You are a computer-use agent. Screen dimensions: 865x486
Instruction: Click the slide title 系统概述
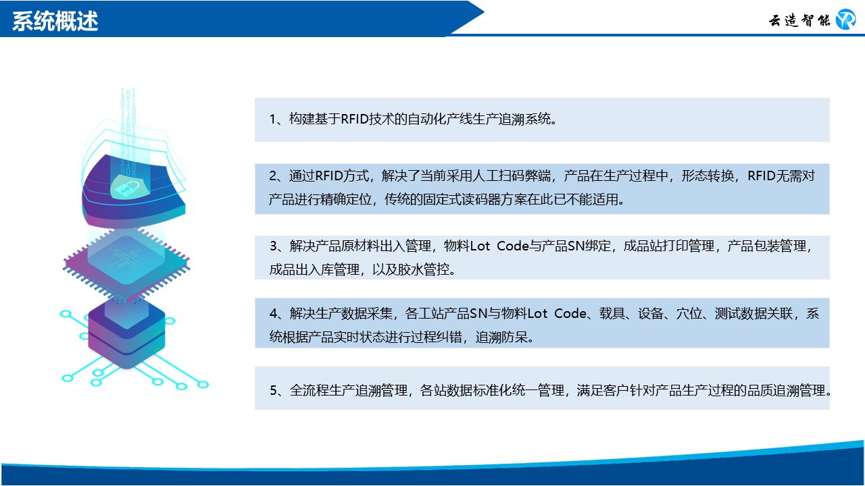click(x=55, y=21)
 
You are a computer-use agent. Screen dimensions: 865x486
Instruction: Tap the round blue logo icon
click(x=845, y=20)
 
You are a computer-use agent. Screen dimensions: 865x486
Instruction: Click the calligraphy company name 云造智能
click(x=799, y=20)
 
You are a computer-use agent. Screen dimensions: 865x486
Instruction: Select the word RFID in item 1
click(x=355, y=119)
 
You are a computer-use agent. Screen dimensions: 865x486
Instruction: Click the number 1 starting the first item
click(x=272, y=119)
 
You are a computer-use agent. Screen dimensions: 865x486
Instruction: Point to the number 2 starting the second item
click(x=273, y=176)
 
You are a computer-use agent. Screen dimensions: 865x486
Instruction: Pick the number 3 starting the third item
click(x=274, y=246)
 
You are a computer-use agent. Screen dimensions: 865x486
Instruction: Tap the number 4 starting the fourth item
click(x=274, y=313)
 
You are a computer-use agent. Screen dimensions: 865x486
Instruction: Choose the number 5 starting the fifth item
click(x=274, y=390)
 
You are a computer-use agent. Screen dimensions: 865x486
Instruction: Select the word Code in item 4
click(x=570, y=313)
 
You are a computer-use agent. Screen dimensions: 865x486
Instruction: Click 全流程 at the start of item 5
click(x=309, y=390)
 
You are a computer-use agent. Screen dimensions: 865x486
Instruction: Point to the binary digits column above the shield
click(x=128, y=128)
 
